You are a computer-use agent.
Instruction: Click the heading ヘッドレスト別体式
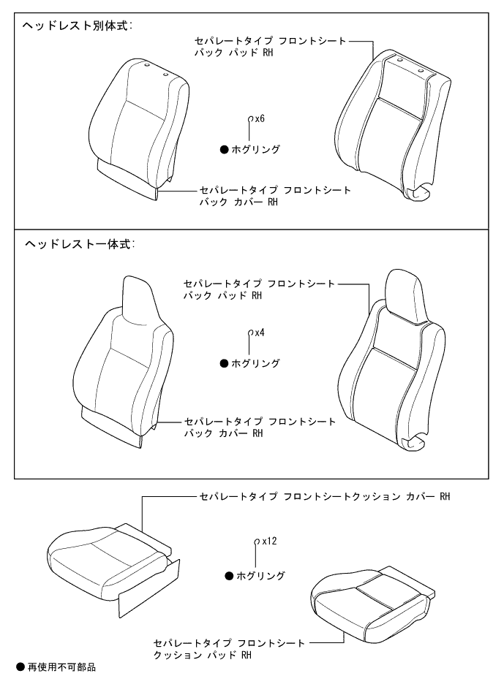coord(77,26)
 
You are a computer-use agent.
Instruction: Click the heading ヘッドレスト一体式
coord(77,243)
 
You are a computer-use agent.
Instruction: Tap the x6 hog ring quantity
coord(259,118)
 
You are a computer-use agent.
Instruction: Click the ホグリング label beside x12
coord(260,576)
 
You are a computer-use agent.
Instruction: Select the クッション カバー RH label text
coord(324,497)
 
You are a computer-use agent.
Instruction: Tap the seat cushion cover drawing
coord(110,563)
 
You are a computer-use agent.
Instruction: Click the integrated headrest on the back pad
coord(399,292)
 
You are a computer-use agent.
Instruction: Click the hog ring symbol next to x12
coord(256,542)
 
